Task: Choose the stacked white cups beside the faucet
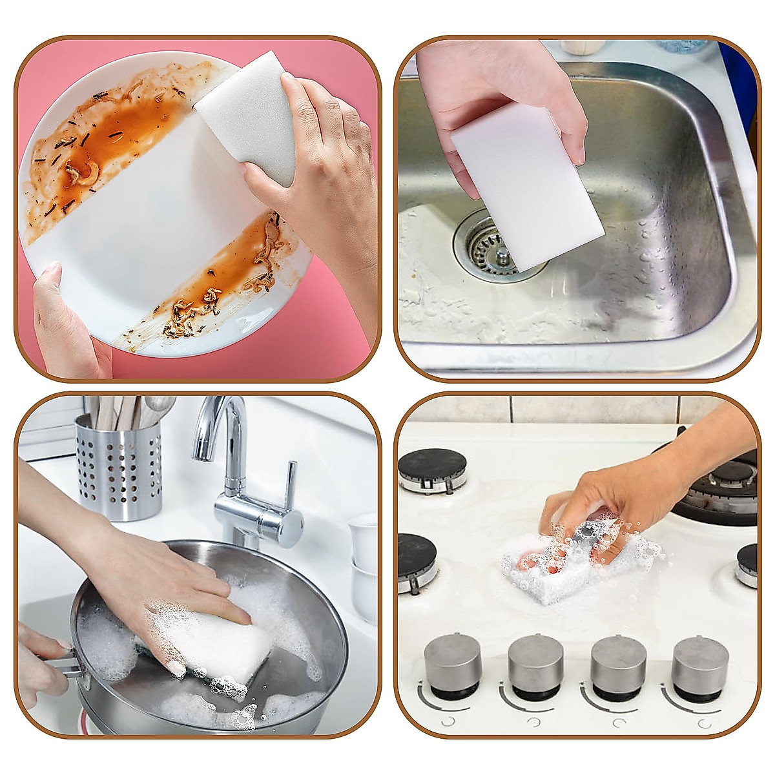click(x=363, y=562)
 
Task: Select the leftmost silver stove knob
click(x=452, y=665)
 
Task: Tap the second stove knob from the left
click(x=535, y=665)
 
